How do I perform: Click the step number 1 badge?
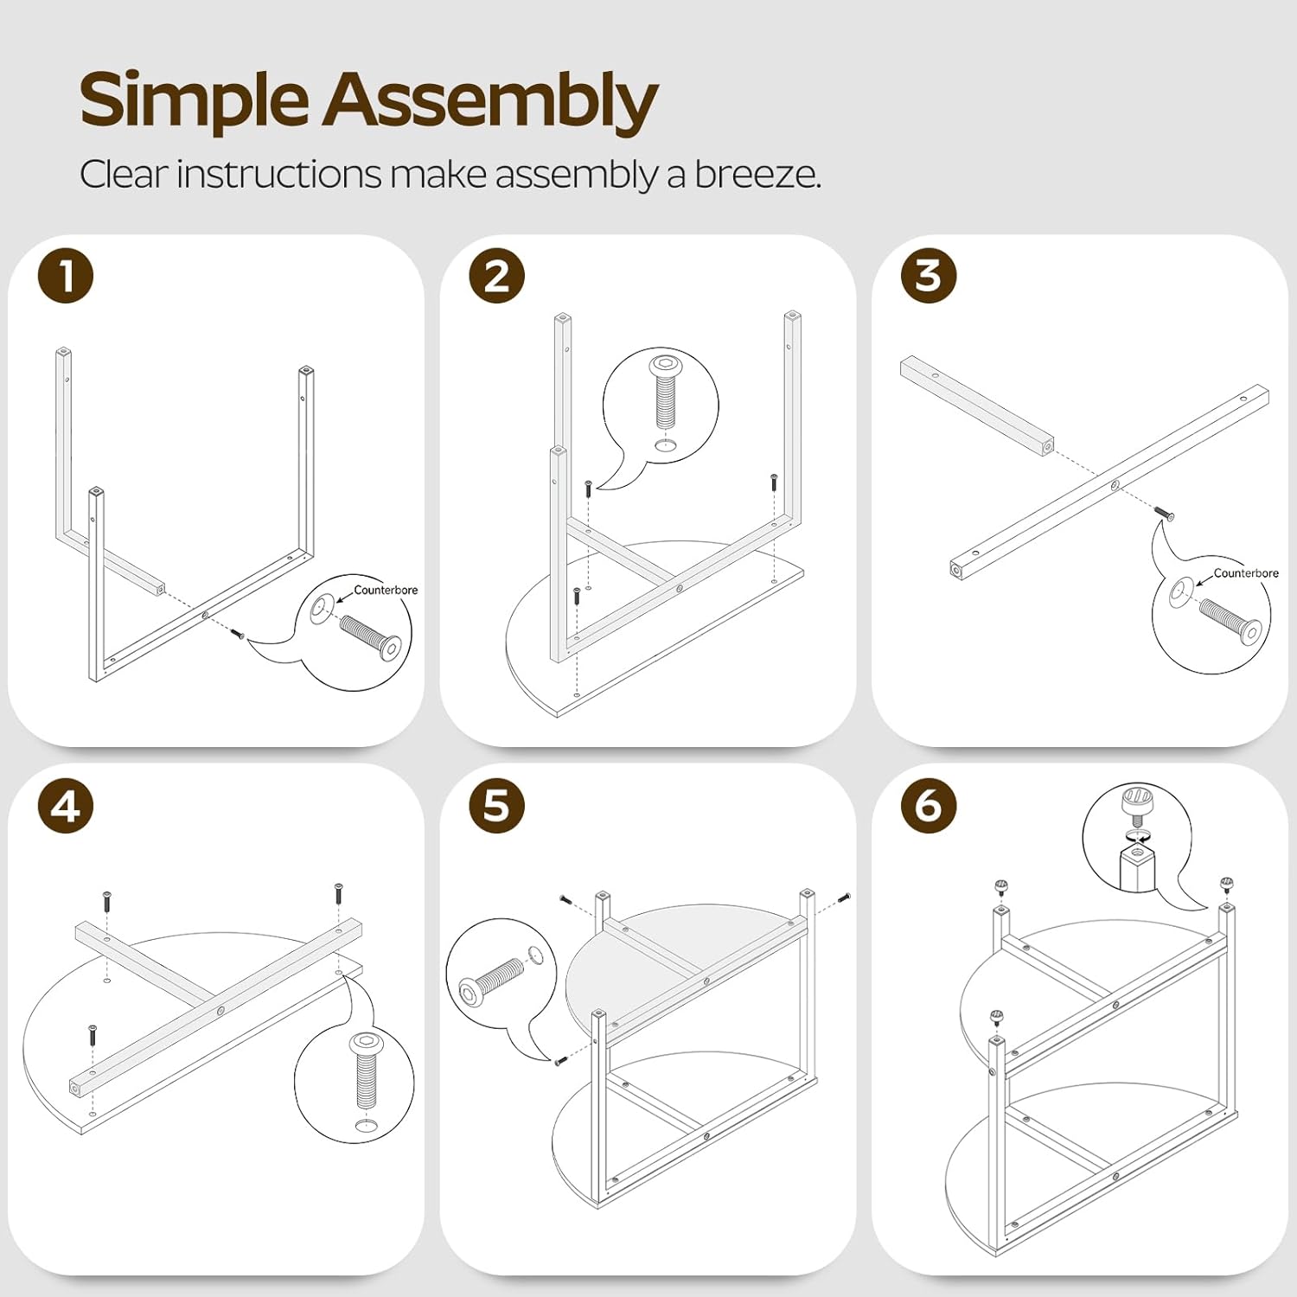point(66,277)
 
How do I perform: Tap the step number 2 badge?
point(496,277)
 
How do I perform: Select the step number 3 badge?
point(929,277)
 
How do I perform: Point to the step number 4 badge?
point(66,806)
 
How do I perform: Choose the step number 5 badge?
point(496,806)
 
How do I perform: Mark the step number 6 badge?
point(929,806)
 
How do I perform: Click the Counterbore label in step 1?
point(386,590)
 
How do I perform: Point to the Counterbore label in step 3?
point(1246,572)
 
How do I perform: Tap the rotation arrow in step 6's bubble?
point(1138,836)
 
